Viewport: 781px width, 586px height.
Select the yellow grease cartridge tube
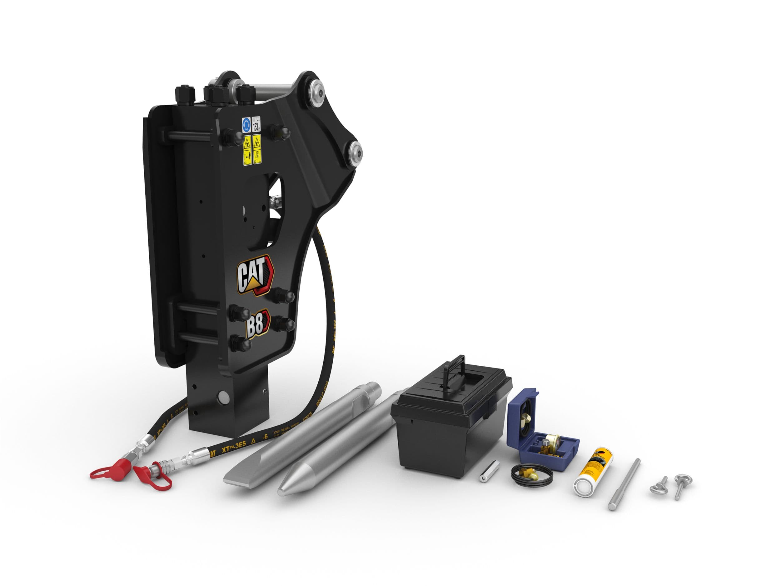point(594,473)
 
